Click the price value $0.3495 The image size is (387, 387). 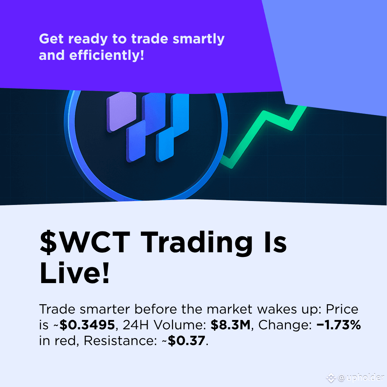click(87, 325)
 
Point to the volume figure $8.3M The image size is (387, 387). click(230, 325)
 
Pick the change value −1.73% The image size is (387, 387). click(339, 325)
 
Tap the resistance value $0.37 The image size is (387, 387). click(186, 341)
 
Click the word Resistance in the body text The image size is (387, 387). click(119, 341)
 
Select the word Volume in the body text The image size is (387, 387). click(180, 325)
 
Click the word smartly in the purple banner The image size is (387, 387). click(199, 39)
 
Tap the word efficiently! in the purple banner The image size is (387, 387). click(107, 55)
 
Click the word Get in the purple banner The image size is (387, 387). click(51, 39)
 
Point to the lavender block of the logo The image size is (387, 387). click(121, 111)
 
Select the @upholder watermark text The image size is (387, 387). click(360, 378)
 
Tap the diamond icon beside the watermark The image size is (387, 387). click(331, 378)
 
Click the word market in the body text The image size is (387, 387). click(230, 309)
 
